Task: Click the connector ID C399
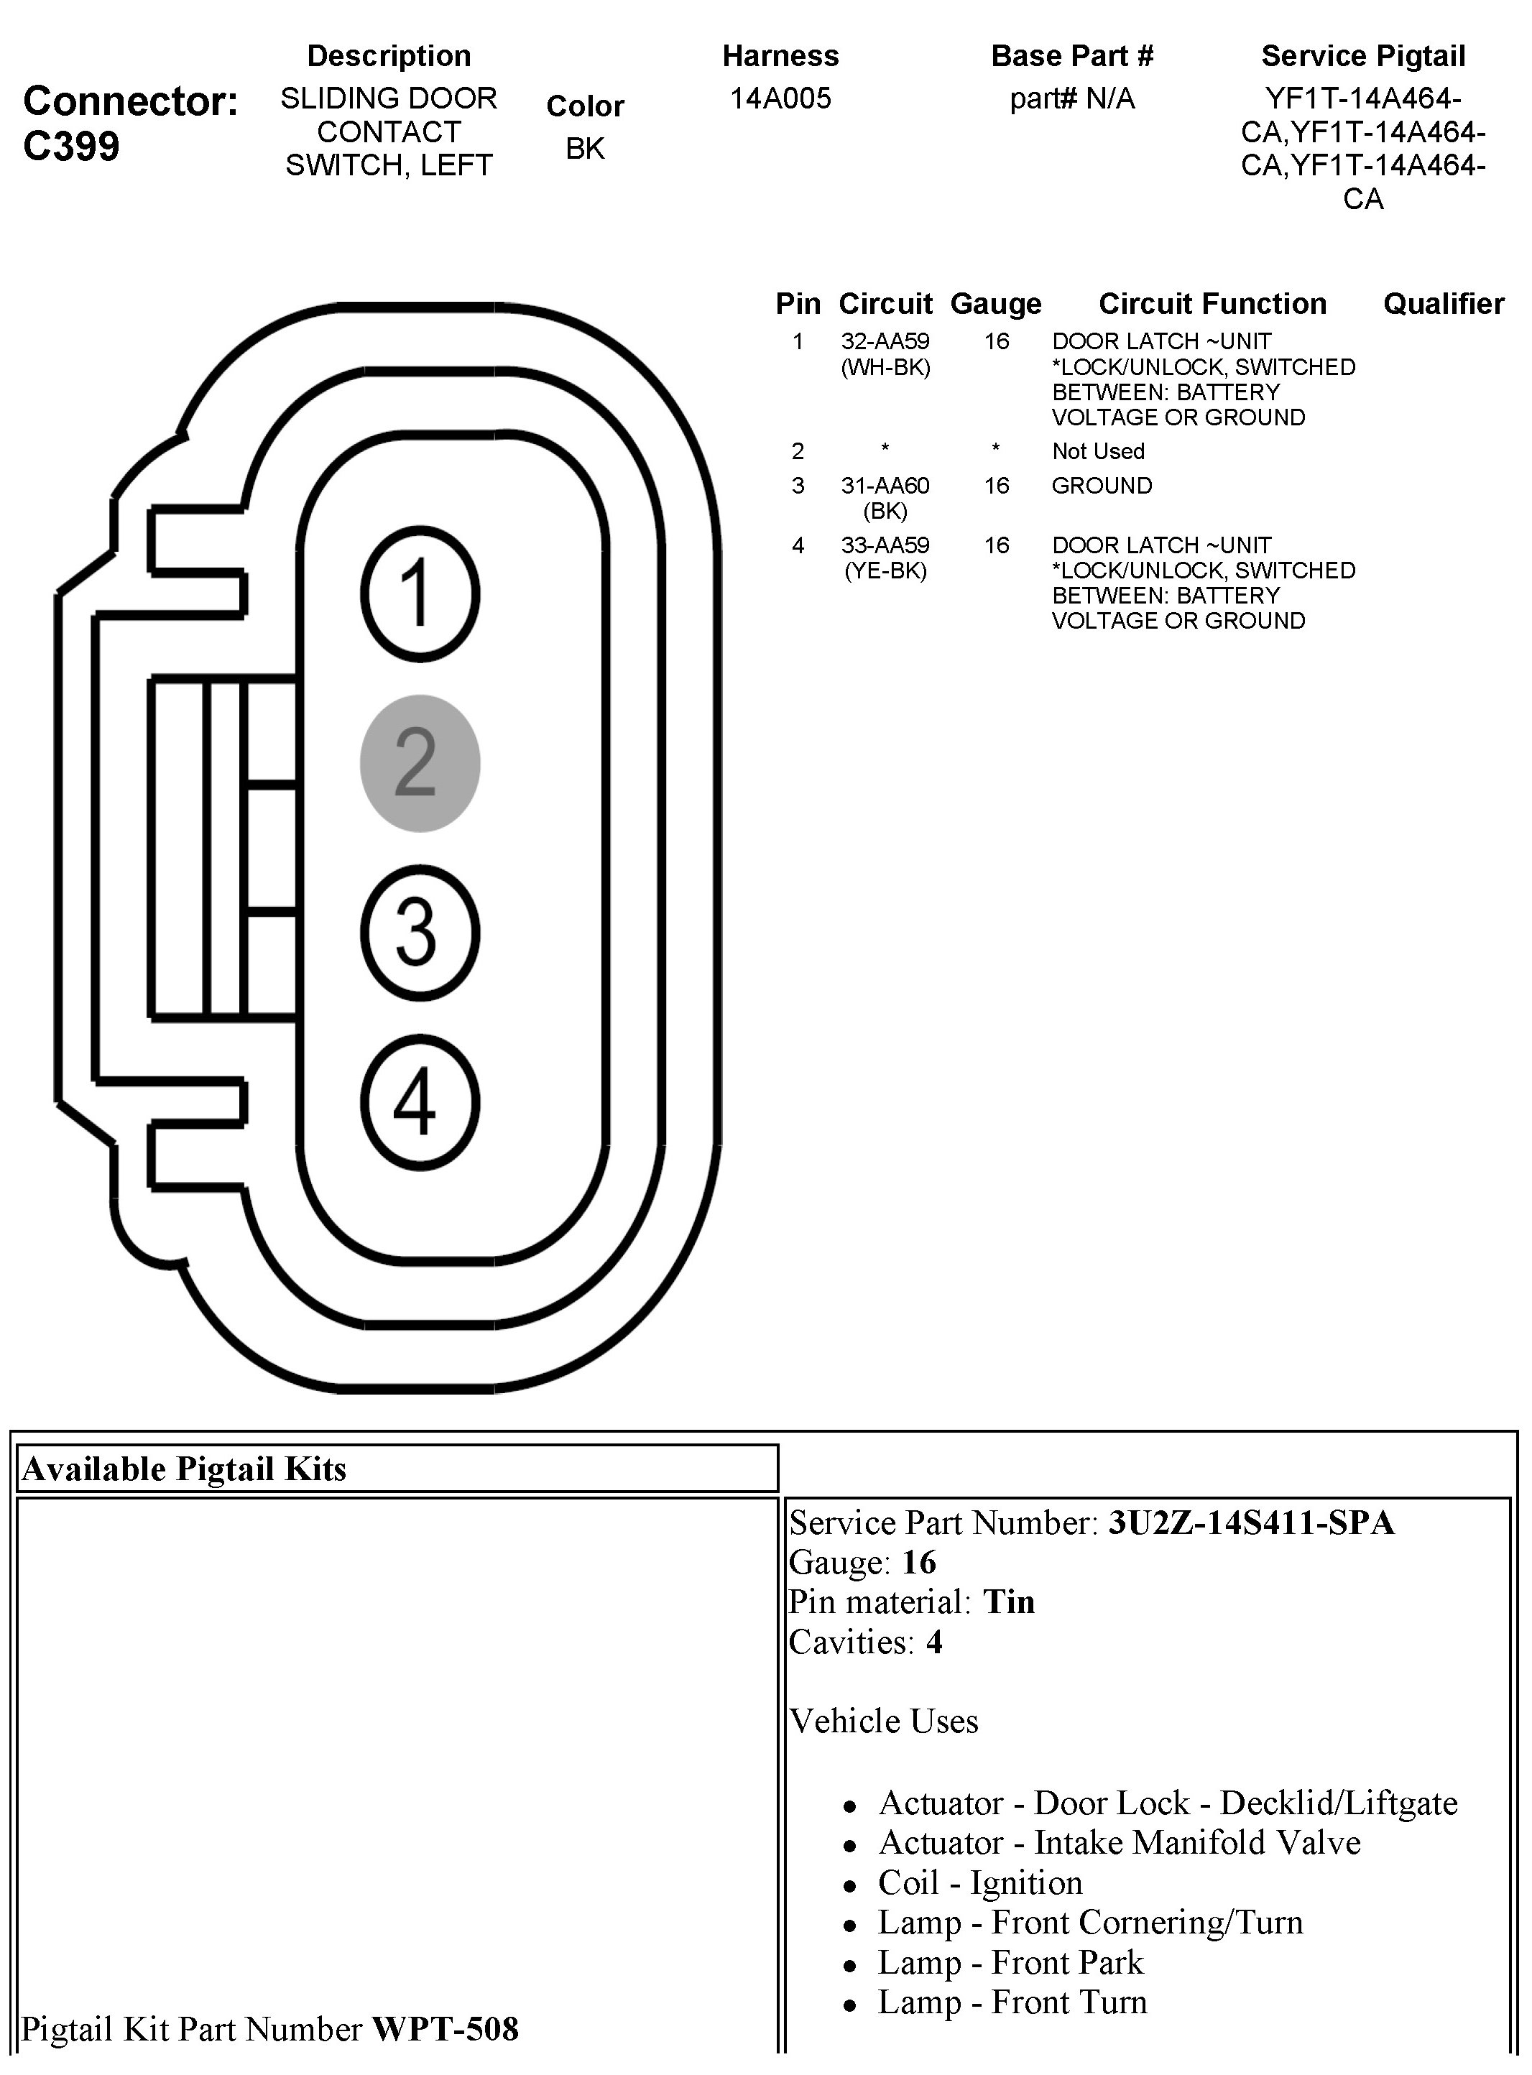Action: pos(71,147)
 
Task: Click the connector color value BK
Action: pos(585,148)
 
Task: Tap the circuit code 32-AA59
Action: pos(885,342)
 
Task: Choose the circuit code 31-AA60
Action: pos(885,486)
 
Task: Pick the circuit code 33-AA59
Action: pos(885,545)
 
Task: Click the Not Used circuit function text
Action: pos(1098,451)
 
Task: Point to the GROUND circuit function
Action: pos(1102,486)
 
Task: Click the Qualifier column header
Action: pos(1443,304)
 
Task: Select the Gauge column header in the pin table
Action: pos(995,304)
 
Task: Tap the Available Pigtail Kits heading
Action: pos(184,1469)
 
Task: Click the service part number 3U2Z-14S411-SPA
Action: pos(1251,1523)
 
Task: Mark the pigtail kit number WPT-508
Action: pos(445,2028)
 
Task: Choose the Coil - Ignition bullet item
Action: pos(979,1883)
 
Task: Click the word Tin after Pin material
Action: pos(1009,1602)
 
